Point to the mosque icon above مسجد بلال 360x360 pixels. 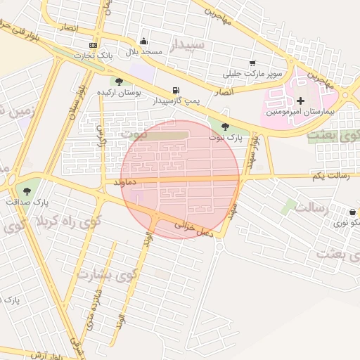pyautogui.click(x=144, y=41)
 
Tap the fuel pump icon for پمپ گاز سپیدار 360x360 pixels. pyautogui.click(x=175, y=90)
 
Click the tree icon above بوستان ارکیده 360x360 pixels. pyautogui.click(x=120, y=82)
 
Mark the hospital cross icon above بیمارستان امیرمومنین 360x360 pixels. pyautogui.click(x=300, y=101)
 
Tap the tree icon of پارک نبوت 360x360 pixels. pyautogui.click(x=224, y=127)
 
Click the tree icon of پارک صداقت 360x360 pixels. pyautogui.click(x=27, y=191)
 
